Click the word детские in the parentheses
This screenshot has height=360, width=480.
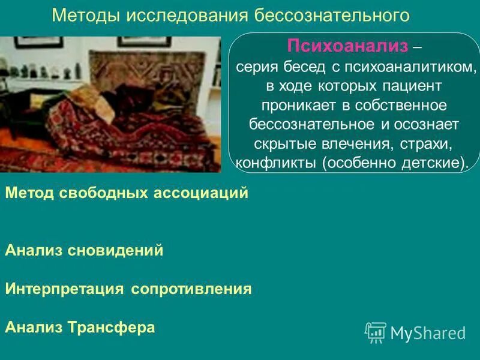[431, 163]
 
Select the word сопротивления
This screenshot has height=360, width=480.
[191, 289]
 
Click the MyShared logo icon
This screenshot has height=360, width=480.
[376, 332]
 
